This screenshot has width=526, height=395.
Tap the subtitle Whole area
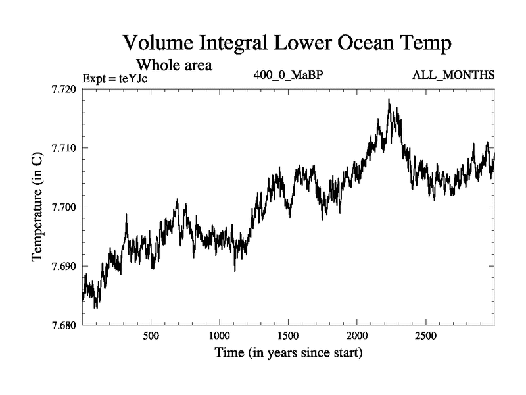[x=173, y=66]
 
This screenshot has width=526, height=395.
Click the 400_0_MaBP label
[x=288, y=74]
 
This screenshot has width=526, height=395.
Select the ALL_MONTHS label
[x=453, y=74]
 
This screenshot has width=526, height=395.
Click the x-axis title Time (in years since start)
[x=288, y=354]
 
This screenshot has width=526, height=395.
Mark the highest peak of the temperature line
[x=389, y=99]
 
